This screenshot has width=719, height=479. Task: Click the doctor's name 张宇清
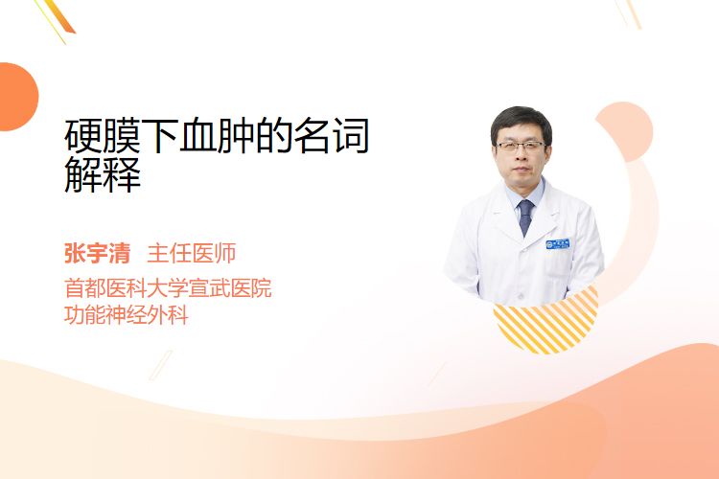click(97, 254)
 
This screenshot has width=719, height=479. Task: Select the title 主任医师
click(192, 254)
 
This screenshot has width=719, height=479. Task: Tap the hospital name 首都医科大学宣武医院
click(168, 287)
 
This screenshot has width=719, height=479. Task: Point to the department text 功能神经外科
click(127, 315)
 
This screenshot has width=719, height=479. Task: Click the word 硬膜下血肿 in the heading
click(159, 136)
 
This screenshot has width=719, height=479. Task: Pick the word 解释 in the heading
click(103, 174)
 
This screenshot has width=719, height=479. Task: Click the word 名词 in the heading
click(332, 136)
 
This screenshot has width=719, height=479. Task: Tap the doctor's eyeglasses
click(521, 147)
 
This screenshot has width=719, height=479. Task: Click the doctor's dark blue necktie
click(525, 217)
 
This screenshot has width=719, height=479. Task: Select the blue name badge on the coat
click(558, 243)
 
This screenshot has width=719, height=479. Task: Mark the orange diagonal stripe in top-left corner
click(58, 16)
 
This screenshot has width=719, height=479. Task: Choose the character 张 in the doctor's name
click(75, 254)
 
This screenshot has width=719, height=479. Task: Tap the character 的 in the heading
click(274, 136)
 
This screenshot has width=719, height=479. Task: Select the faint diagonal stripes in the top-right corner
click(629, 13)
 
